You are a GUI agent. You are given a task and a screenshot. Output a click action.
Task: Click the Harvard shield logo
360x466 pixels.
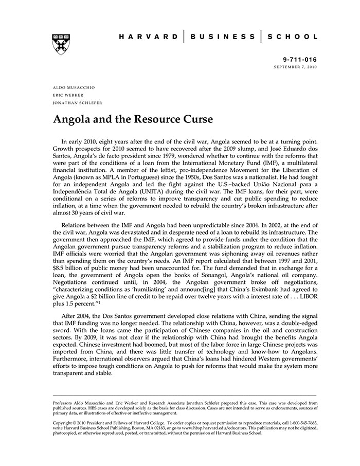click(62, 44)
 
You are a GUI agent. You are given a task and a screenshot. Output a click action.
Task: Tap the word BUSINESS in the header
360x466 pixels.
click(222, 37)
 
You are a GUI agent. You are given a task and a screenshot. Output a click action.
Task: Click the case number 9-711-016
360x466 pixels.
click(300, 60)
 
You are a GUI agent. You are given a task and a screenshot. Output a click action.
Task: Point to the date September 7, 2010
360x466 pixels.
click(295, 67)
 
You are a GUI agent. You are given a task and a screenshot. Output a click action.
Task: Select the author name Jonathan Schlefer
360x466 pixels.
click(78, 102)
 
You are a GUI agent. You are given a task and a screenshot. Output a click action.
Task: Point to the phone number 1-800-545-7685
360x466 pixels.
click(301, 422)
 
